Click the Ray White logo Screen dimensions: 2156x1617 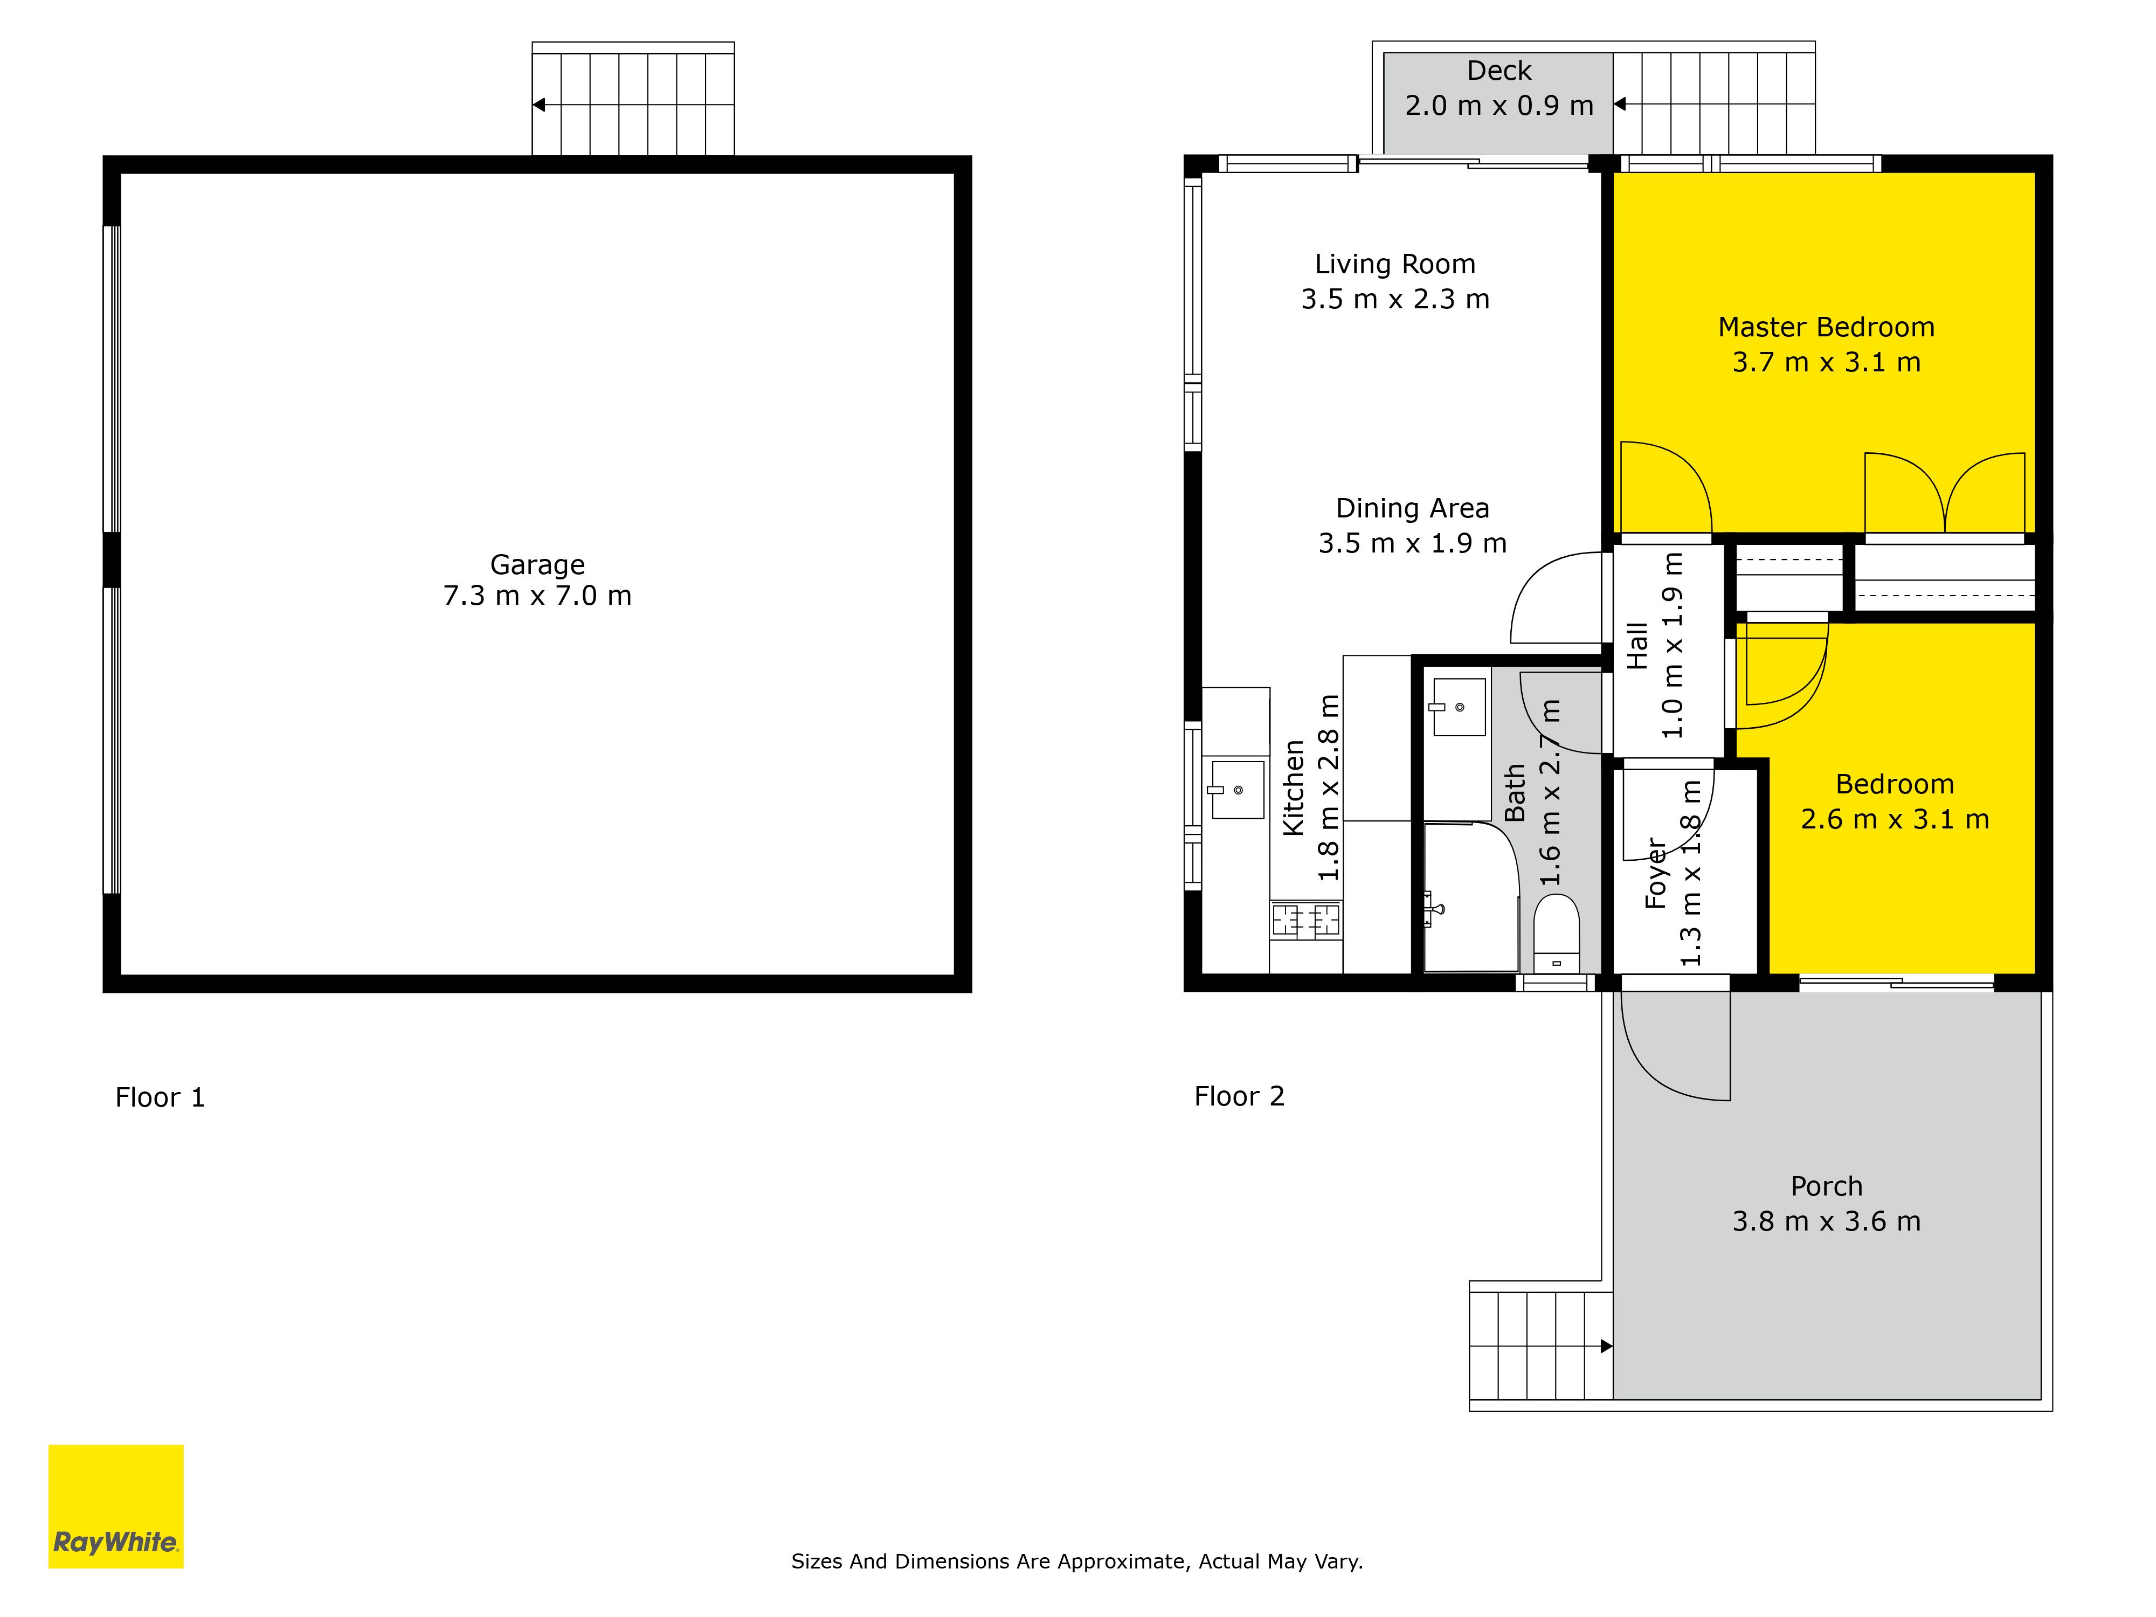[116, 1506]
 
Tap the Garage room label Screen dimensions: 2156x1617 [537, 564]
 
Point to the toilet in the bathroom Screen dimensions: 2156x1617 [1557, 933]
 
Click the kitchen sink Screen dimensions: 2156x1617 [1237, 789]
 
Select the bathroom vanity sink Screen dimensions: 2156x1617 [1458, 707]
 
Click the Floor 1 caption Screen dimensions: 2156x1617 [160, 1097]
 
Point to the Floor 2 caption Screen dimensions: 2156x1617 [1239, 1096]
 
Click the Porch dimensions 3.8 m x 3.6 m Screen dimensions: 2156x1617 [1826, 1221]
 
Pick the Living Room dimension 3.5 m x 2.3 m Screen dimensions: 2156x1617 [1395, 299]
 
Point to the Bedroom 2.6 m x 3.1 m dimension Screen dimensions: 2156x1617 [1894, 819]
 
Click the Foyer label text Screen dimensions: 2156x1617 [1656, 873]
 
